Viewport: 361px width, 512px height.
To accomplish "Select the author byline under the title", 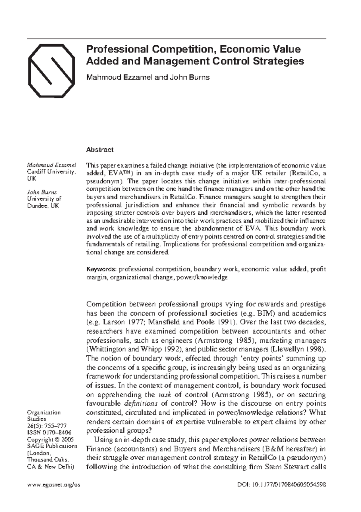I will coord(148,77).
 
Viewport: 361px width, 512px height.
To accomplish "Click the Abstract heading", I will coord(100,149).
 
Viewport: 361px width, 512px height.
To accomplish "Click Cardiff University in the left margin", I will coord(51,172).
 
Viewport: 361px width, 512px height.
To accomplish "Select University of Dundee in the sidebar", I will coord(44,202).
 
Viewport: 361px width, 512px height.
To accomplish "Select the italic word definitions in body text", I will coord(141,403).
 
